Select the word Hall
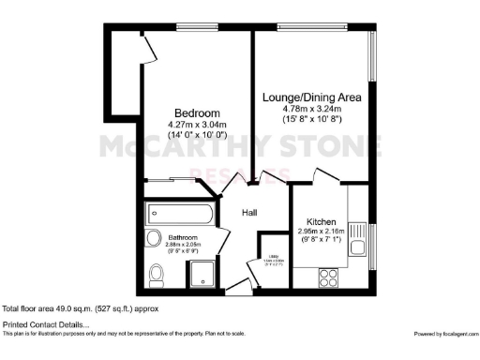(250, 213)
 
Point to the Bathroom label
(183, 237)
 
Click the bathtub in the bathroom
(183, 214)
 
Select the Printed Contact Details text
(42, 324)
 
